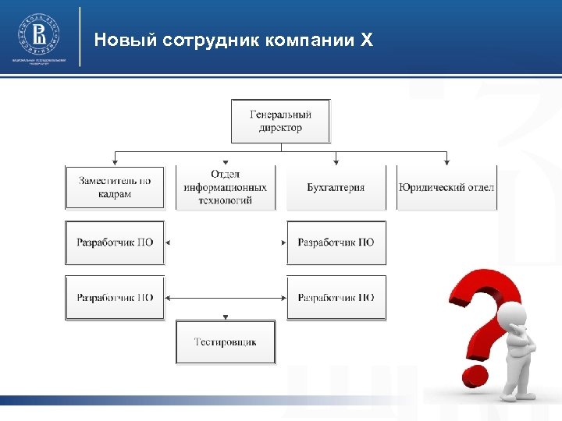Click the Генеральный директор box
click(x=281, y=121)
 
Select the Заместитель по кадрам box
click(x=115, y=187)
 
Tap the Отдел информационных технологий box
click(x=226, y=187)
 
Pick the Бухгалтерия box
click(x=336, y=187)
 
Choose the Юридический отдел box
click(x=446, y=187)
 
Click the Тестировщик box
click(x=226, y=342)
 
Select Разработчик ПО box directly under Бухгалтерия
click(x=336, y=242)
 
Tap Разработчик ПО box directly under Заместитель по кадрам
click(x=115, y=242)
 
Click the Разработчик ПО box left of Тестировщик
click(x=115, y=298)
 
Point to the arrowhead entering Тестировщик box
click(x=226, y=317)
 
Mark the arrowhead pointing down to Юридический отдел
click(x=446, y=161)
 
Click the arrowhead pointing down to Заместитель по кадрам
click(x=115, y=161)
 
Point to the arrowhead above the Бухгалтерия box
click(x=336, y=161)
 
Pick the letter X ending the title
click(x=367, y=41)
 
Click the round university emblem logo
click(x=39, y=34)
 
